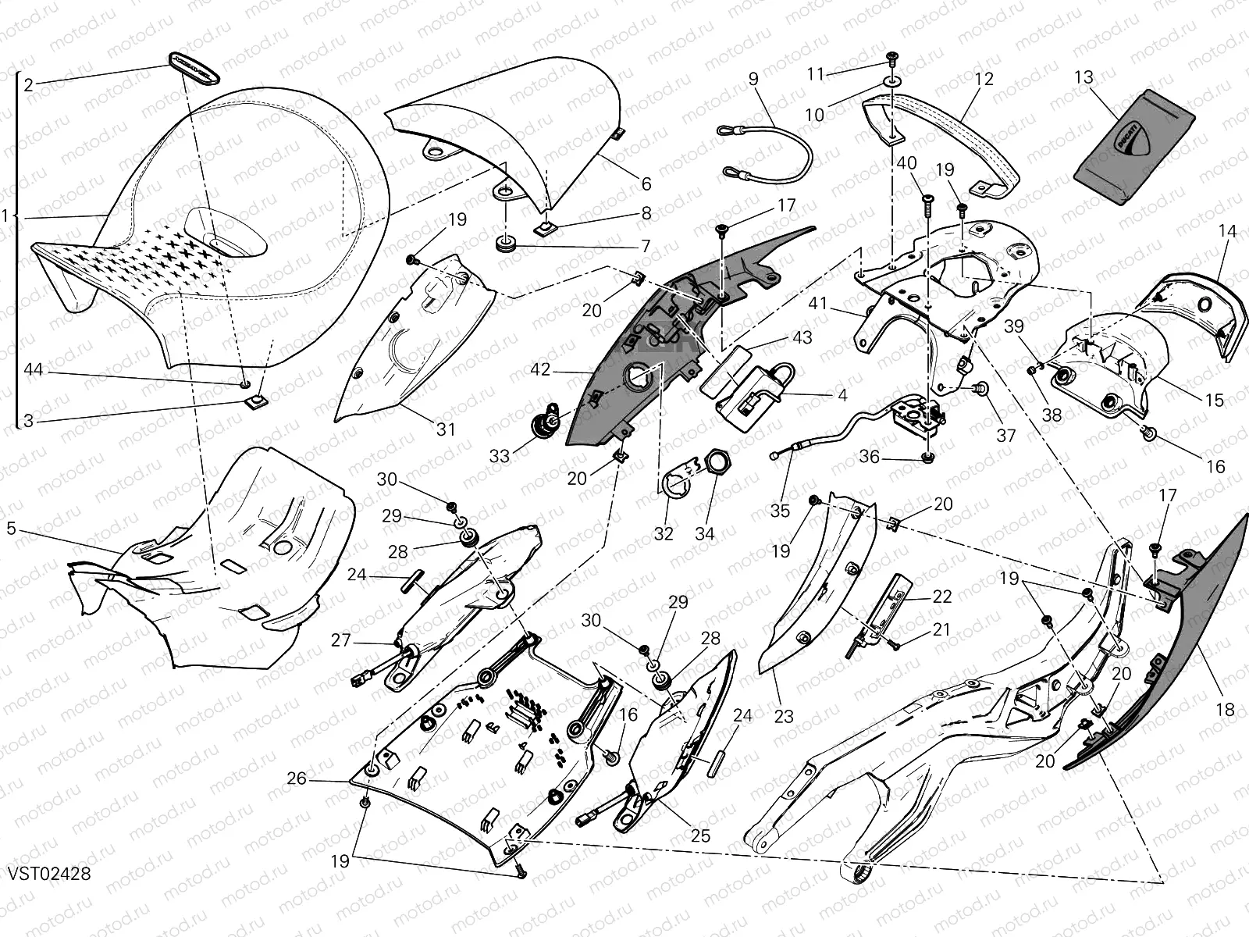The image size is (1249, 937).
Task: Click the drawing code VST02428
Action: (50, 872)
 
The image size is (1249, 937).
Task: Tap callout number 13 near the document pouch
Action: (1084, 77)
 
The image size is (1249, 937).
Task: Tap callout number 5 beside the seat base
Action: (11, 529)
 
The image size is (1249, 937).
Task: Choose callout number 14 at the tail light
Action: (1227, 232)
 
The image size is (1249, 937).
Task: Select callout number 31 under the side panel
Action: (445, 429)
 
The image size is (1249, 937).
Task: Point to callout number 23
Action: (783, 715)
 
